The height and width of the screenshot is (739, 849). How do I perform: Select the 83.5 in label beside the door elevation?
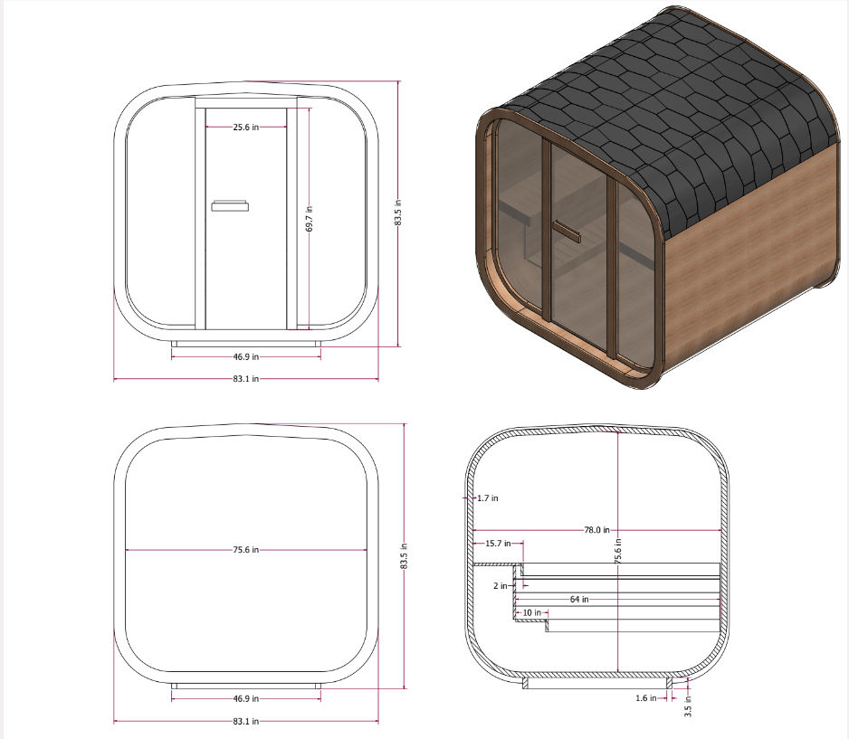coord(398,214)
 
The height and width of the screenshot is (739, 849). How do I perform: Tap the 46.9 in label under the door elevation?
coord(245,356)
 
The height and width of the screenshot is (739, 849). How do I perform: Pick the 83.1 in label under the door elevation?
coord(245,379)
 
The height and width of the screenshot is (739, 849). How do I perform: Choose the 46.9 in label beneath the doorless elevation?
coord(245,698)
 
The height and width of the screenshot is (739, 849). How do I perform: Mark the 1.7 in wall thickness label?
coord(487,497)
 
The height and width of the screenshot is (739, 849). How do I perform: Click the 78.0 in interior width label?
coord(596,530)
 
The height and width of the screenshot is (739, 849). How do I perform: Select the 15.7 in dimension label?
coord(498,544)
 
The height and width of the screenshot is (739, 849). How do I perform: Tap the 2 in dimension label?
coord(501,585)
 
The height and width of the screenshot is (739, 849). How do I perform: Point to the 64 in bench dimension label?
coord(579,599)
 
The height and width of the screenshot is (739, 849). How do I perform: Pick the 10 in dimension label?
coord(531,613)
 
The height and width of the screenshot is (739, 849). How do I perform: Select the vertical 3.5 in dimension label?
coord(688,706)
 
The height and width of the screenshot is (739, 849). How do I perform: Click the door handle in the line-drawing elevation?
coord(229,206)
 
